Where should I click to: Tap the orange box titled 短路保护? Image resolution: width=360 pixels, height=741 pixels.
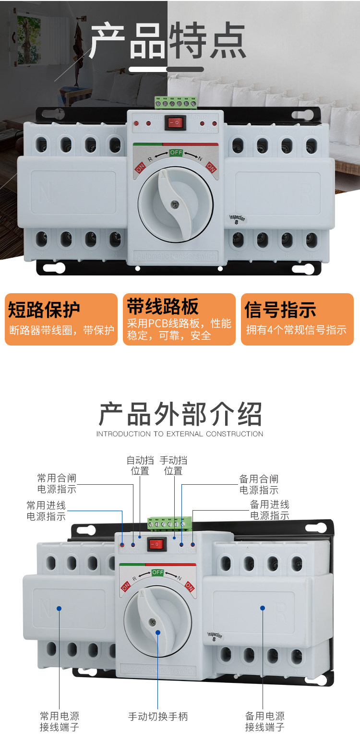click(x=61, y=319)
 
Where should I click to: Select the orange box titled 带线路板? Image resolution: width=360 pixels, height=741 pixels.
click(x=179, y=319)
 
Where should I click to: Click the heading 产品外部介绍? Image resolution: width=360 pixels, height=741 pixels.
click(x=180, y=414)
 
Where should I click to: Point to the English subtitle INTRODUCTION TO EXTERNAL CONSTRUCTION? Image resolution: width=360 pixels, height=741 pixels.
click(x=180, y=434)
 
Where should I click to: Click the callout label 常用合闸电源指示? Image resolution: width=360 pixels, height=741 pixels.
click(x=57, y=484)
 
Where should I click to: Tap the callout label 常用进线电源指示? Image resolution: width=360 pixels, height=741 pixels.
click(x=46, y=511)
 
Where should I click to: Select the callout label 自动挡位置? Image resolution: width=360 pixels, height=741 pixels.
click(x=140, y=466)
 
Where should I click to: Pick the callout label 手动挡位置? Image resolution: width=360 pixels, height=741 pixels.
click(x=173, y=466)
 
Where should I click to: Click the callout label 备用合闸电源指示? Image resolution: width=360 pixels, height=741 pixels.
click(x=259, y=484)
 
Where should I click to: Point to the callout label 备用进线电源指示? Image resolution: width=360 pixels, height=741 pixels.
click(x=270, y=510)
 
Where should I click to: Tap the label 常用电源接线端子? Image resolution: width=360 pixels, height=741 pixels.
click(x=60, y=721)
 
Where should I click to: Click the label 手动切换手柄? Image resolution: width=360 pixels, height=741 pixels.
click(x=158, y=717)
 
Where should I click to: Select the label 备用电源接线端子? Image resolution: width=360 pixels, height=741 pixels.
click(x=265, y=721)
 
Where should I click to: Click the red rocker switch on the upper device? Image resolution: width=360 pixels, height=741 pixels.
click(x=175, y=122)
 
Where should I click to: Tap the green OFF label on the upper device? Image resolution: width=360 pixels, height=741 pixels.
click(x=176, y=153)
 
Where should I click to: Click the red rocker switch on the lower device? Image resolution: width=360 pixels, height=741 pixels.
click(x=156, y=544)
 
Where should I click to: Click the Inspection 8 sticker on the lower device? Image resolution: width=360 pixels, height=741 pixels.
click(x=215, y=636)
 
